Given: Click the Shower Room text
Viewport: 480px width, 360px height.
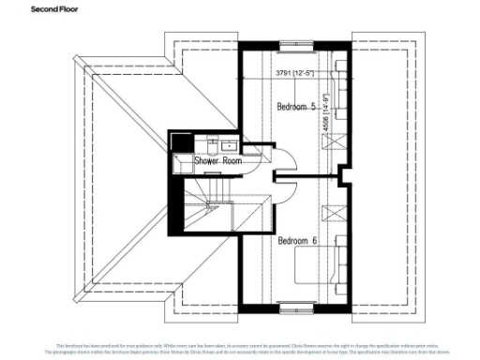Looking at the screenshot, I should (218, 160).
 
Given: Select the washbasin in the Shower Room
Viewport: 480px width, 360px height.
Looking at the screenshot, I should (211, 145).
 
